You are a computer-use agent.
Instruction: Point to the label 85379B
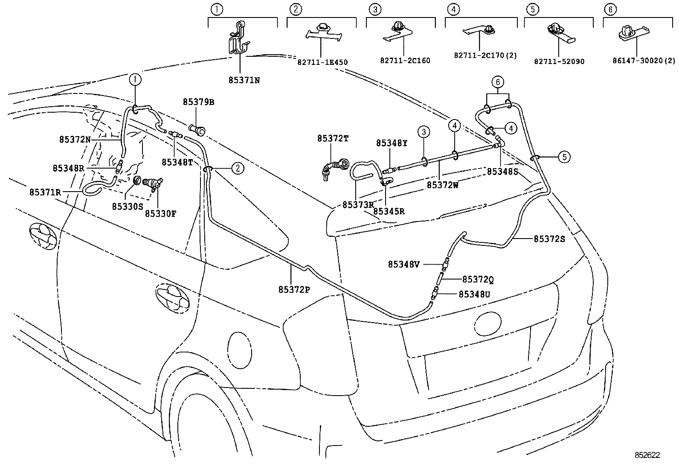pos(198,102)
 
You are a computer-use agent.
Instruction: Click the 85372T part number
pos(333,139)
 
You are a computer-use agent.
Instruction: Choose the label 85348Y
pos(392,143)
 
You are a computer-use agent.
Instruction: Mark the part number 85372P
pos(294,290)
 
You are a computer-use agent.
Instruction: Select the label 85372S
pos(549,239)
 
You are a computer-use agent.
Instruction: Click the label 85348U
pos(474,294)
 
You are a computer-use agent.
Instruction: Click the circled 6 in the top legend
pos(610,9)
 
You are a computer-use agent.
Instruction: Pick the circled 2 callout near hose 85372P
pos(238,168)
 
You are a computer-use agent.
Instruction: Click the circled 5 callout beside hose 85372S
pos(564,157)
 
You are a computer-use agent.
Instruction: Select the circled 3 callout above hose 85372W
pos(424,132)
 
